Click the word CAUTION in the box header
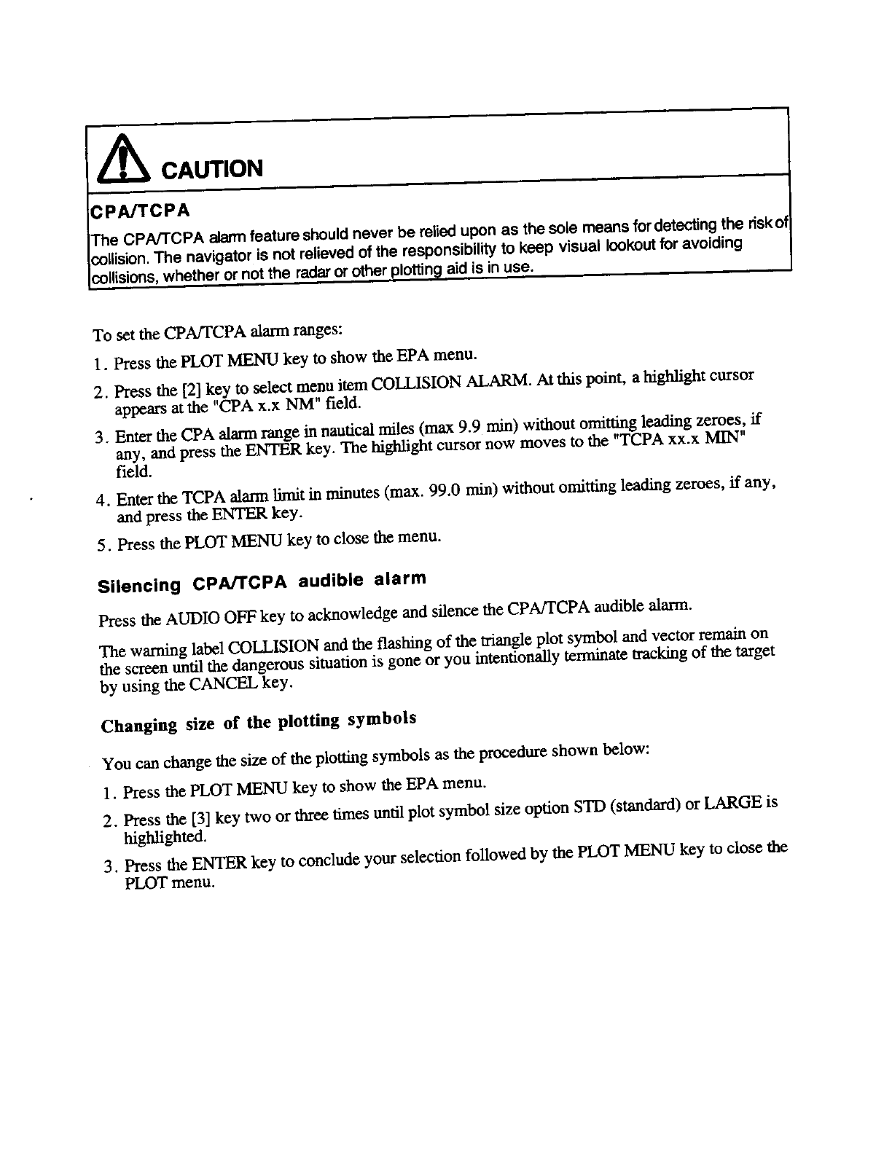tap(211, 169)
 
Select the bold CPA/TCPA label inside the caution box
tap(139, 211)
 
